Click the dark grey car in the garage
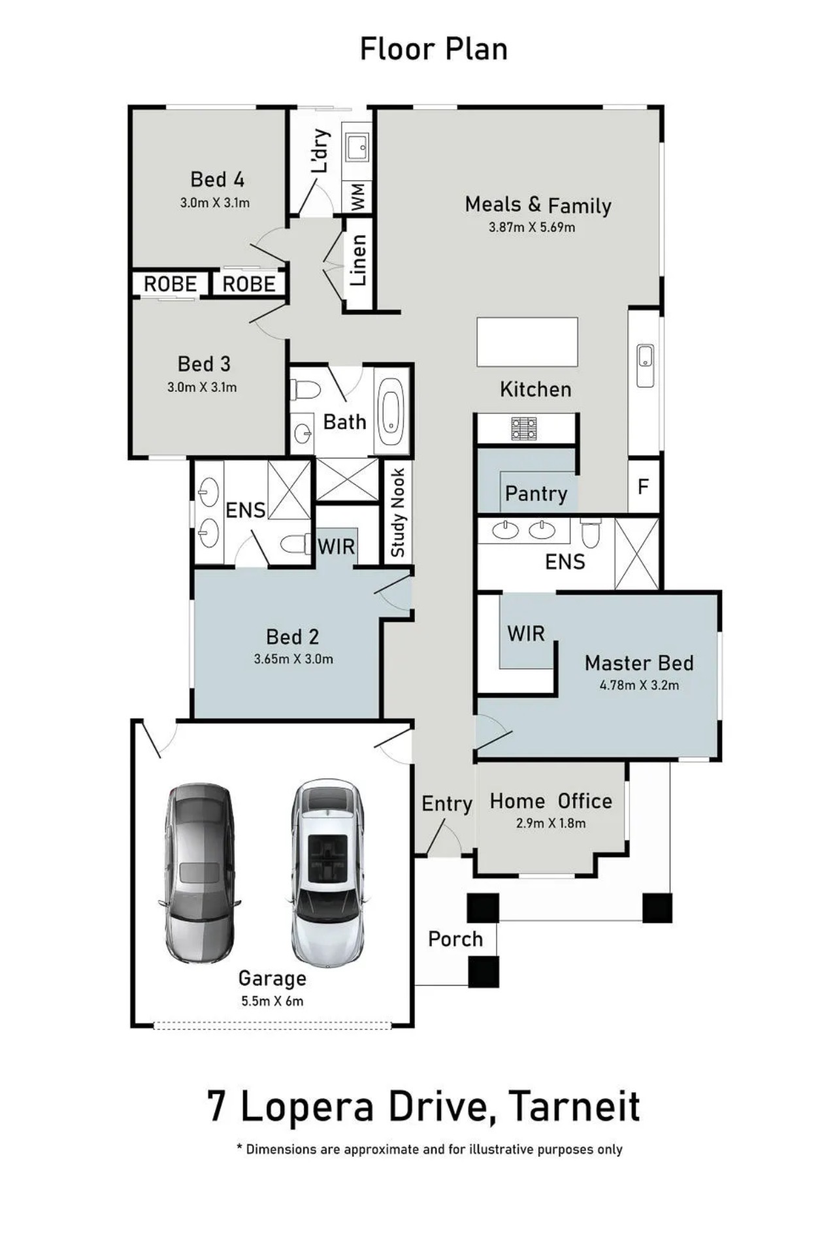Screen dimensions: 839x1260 pos(199,872)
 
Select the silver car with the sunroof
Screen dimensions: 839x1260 pos(327,871)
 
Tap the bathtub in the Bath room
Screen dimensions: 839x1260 pos(391,410)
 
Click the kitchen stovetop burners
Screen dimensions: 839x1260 pos(523,428)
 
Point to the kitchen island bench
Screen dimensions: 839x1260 pos(527,342)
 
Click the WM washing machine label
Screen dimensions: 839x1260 pos(357,196)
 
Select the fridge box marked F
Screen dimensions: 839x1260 pos(644,487)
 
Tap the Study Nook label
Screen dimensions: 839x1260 pos(397,513)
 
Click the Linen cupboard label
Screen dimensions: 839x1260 pos(358,260)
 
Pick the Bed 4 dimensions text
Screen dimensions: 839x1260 pos(215,203)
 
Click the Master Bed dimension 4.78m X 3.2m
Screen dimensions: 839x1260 pos(639,686)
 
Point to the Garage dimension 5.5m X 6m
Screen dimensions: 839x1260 pos(272,1001)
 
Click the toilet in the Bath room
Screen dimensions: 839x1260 pos(304,390)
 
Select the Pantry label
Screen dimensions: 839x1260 pos(536,494)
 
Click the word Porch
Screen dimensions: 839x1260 pos(455,939)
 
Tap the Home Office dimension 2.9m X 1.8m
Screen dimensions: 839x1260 pos(551,824)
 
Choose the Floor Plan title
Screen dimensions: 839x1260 pos(434,49)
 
